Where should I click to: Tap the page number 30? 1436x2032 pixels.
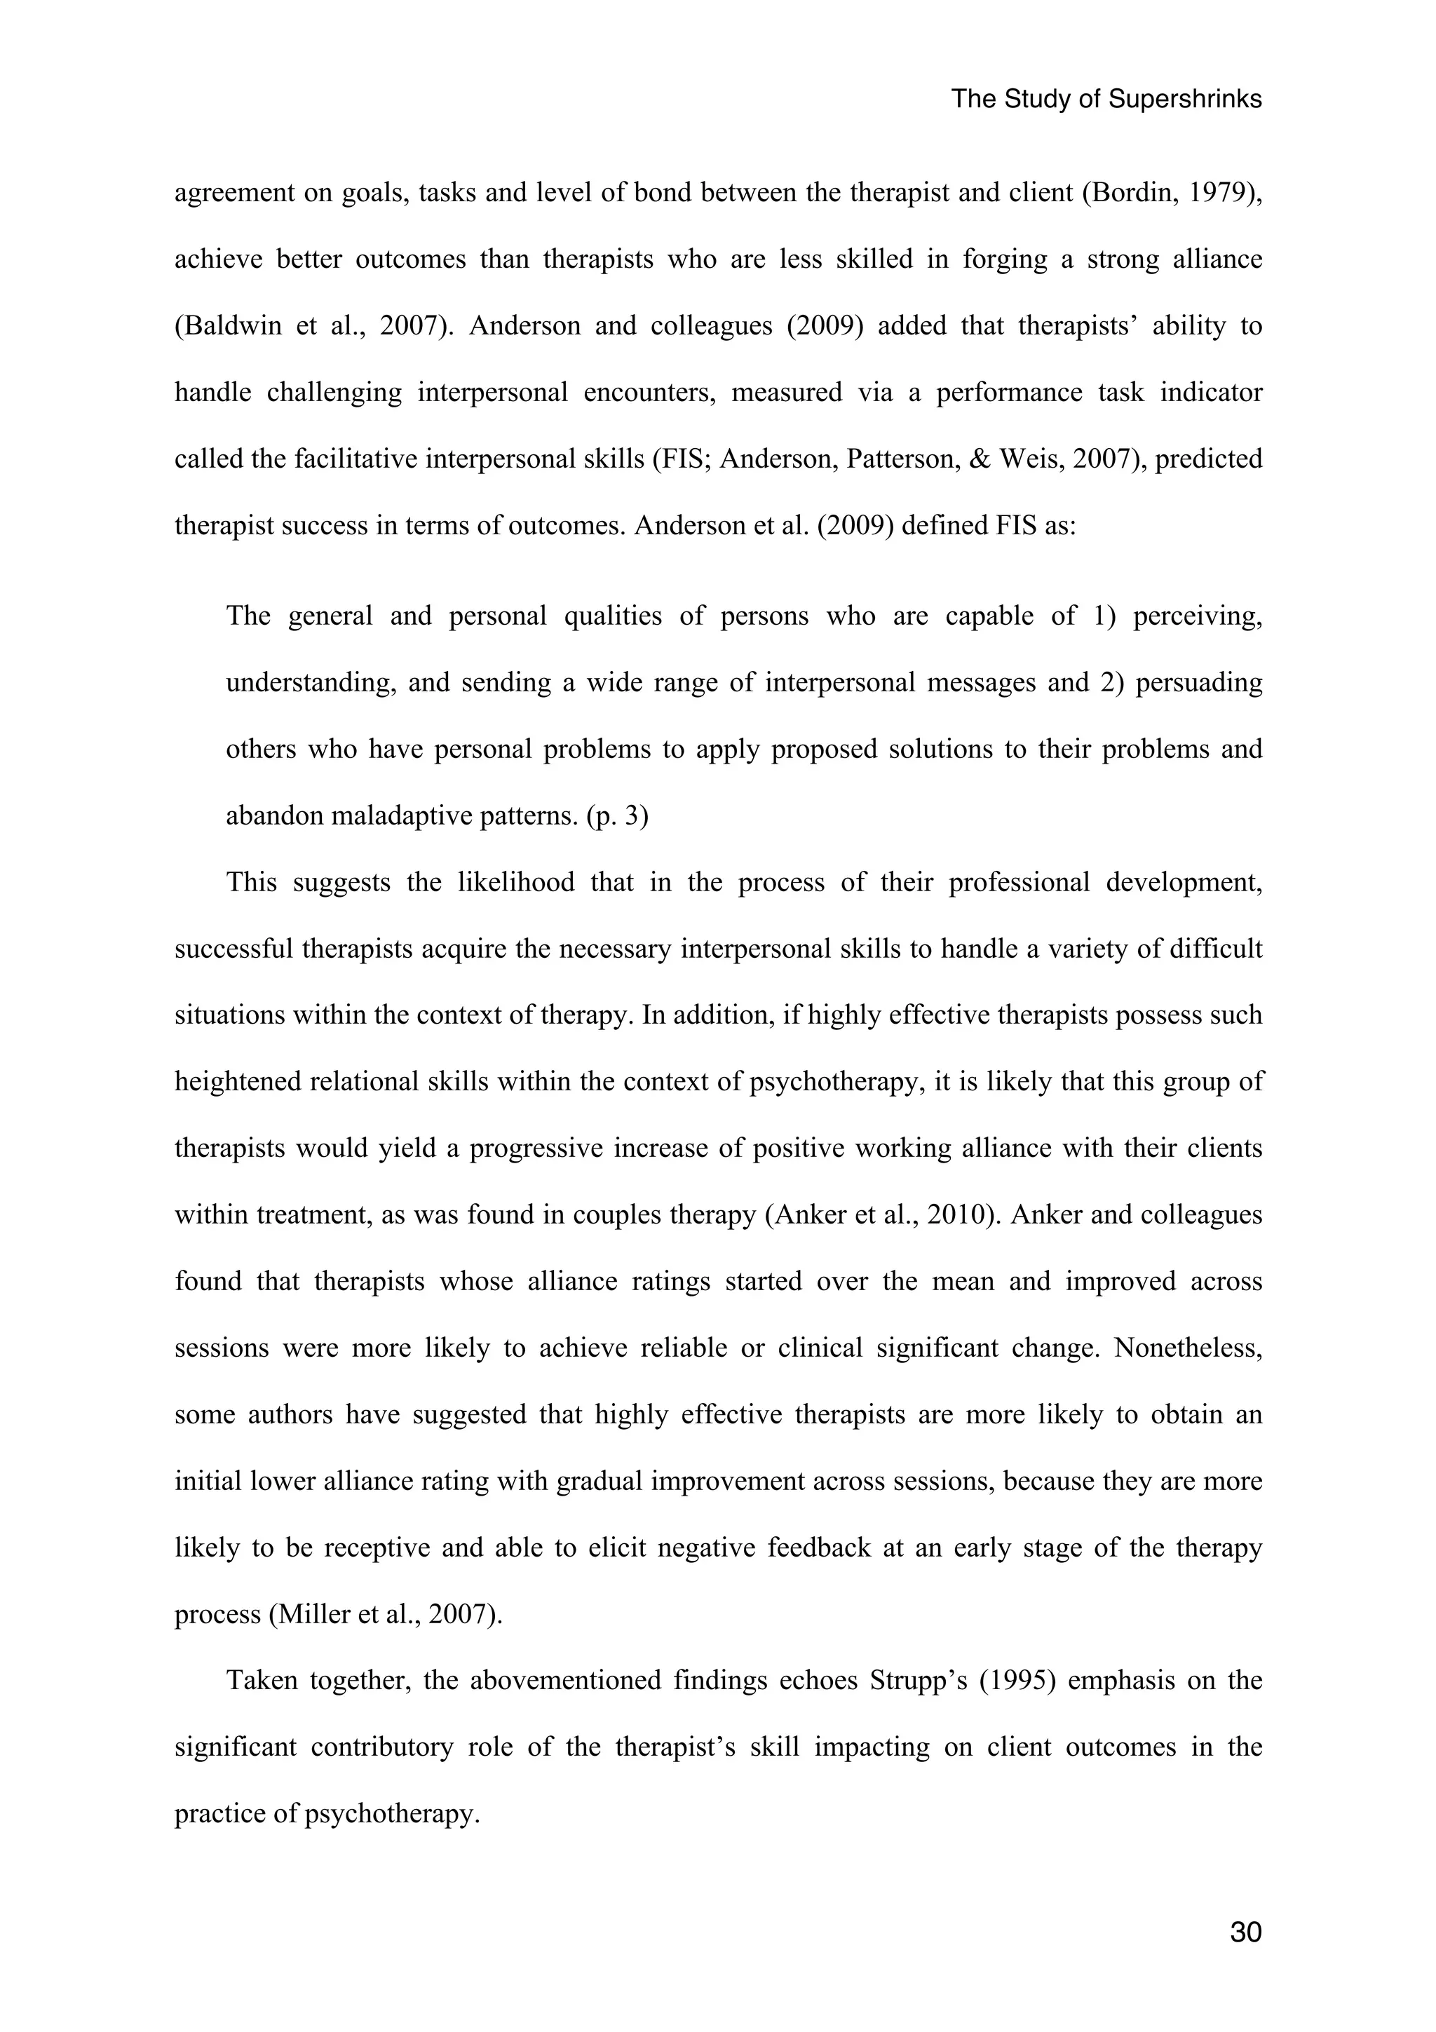point(1246,1932)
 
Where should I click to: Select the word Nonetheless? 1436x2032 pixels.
point(1187,1348)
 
